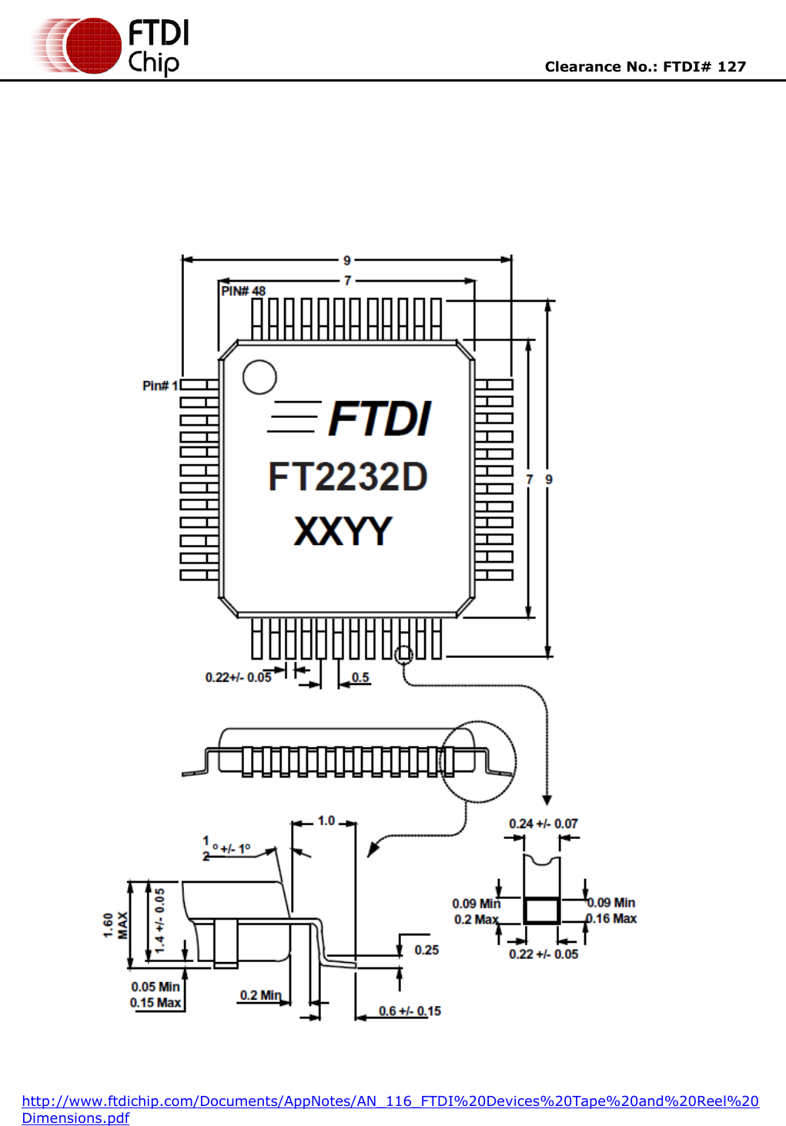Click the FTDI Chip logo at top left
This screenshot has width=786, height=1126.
[x=110, y=46]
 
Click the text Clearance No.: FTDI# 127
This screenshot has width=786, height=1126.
[x=645, y=67]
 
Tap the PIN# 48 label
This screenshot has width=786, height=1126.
[x=242, y=291]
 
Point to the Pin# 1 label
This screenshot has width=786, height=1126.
[x=160, y=386]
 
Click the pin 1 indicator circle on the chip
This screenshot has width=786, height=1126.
[x=259, y=377]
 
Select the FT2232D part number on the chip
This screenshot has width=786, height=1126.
[x=347, y=477]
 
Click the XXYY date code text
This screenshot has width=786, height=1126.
[x=343, y=532]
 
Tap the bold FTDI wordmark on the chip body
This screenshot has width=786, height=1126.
[x=380, y=419]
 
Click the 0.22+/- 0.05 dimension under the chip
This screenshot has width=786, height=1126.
[x=238, y=677]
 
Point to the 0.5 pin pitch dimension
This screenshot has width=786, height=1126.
[x=360, y=677]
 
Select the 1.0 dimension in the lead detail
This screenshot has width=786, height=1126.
[x=326, y=821]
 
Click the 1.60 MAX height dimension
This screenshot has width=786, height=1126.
[x=115, y=925]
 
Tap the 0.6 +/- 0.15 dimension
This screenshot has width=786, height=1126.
[x=410, y=1011]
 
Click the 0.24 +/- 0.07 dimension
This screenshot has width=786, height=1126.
[x=543, y=824]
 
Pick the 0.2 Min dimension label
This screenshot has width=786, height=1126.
[x=260, y=995]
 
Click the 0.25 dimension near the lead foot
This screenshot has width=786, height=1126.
[x=426, y=951]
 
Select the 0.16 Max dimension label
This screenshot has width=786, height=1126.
[x=613, y=918]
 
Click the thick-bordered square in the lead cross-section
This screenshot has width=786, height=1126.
[x=542, y=910]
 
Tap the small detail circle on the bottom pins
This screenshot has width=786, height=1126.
[x=403, y=655]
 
